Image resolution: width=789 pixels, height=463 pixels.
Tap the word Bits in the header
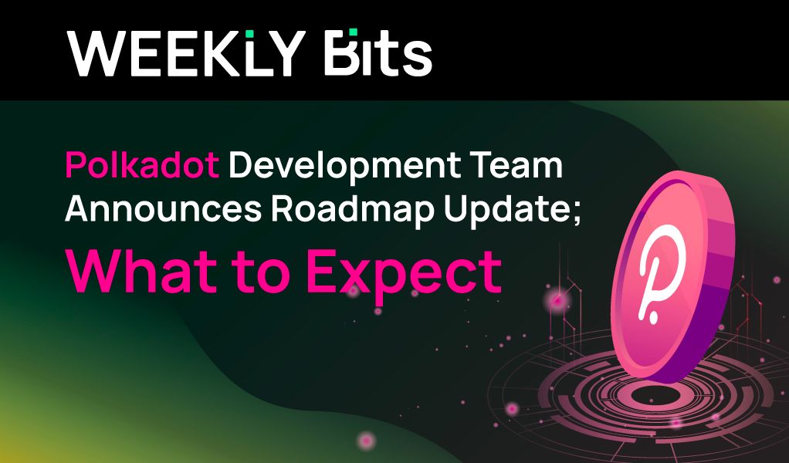click(378, 52)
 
